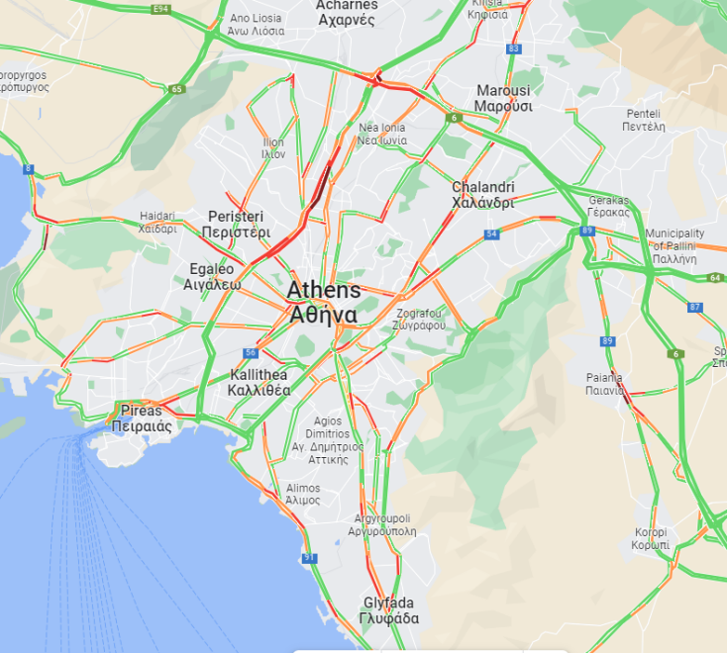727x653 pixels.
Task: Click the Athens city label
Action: [x=324, y=303]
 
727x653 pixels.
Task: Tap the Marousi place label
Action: [x=503, y=98]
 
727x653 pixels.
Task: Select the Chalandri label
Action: [x=483, y=195]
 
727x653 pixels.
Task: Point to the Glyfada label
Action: [x=389, y=610]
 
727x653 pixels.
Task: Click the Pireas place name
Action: [x=143, y=419]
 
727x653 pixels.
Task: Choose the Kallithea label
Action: [x=259, y=382]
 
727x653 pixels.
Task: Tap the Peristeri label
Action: [x=236, y=225]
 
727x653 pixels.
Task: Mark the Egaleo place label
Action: [x=212, y=276]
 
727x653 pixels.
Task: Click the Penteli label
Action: [x=642, y=120]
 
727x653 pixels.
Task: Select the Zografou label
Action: [x=417, y=319]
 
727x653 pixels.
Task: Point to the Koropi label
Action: [x=652, y=538]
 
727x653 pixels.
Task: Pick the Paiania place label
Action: [x=604, y=383]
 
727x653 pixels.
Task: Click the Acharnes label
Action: [x=346, y=12]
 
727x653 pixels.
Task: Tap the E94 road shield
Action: [x=160, y=9]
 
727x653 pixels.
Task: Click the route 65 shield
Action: [x=176, y=89]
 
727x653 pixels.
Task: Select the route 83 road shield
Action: [x=513, y=48]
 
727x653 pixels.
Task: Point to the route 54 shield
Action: [x=491, y=234]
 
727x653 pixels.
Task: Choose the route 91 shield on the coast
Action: [x=311, y=558]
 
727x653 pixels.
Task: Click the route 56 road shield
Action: [x=252, y=352]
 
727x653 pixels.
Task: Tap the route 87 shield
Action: [x=694, y=308]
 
